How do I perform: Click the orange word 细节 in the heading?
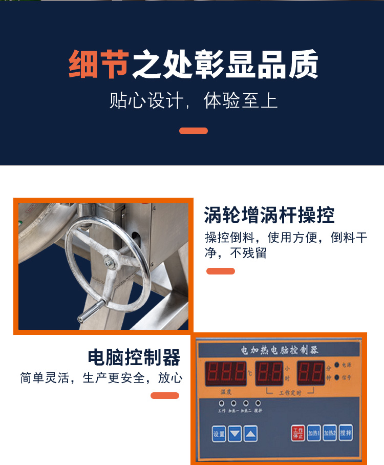[x=98, y=65]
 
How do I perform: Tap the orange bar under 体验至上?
[x=194, y=131]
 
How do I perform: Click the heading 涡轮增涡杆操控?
[x=269, y=215]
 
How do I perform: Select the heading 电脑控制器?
[x=134, y=356]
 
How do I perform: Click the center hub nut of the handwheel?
[x=109, y=261]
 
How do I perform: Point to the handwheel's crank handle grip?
[x=89, y=311]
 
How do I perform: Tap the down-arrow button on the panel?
[x=235, y=434]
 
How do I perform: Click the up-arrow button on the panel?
[x=250, y=434]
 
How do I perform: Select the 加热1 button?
[x=314, y=433]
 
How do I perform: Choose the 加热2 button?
[x=330, y=433]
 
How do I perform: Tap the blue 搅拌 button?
[x=346, y=433]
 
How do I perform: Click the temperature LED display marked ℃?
[x=225, y=374]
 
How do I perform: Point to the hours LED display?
[x=269, y=374]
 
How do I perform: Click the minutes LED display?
[x=311, y=374]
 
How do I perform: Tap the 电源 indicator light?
[x=337, y=365]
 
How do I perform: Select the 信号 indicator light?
[x=337, y=378]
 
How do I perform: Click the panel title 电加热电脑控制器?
[x=280, y=351]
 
